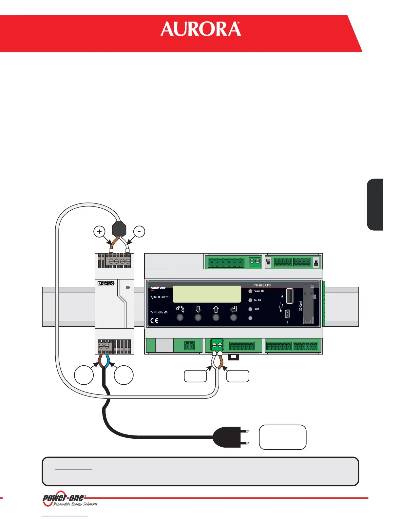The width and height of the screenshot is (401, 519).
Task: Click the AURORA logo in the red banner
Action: click(x=200, y=29)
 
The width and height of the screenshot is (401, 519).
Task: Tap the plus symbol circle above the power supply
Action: click(x=99, y=232)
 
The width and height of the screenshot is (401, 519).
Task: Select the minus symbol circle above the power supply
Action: click(x=139, y=232)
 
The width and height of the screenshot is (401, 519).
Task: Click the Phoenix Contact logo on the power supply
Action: click(x=106, y=283)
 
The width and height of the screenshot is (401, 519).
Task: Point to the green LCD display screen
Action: click(x=207, y=294)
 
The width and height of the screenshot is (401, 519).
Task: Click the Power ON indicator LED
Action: click(x=250, y=291)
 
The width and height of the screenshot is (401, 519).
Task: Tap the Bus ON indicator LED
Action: click(x=250, y=300)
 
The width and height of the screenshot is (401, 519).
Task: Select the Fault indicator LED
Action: click(x=250, y=309)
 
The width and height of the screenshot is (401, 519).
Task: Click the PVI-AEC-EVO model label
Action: click(x=262, y=285)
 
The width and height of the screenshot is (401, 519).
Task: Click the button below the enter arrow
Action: click(x=234, y=317)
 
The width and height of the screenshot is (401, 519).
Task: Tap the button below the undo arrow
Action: click(x=180, y=317)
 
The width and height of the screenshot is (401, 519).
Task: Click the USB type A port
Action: click(x=289, y=296)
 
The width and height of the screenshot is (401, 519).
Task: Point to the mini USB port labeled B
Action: click(x=287, y=314)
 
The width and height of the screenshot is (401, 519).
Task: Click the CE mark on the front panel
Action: click(x=154, y=320)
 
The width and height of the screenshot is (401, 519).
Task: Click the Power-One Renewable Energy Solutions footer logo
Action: click(x=70, y=500)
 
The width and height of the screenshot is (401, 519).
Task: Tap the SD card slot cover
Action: click(x=308, y=304)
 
